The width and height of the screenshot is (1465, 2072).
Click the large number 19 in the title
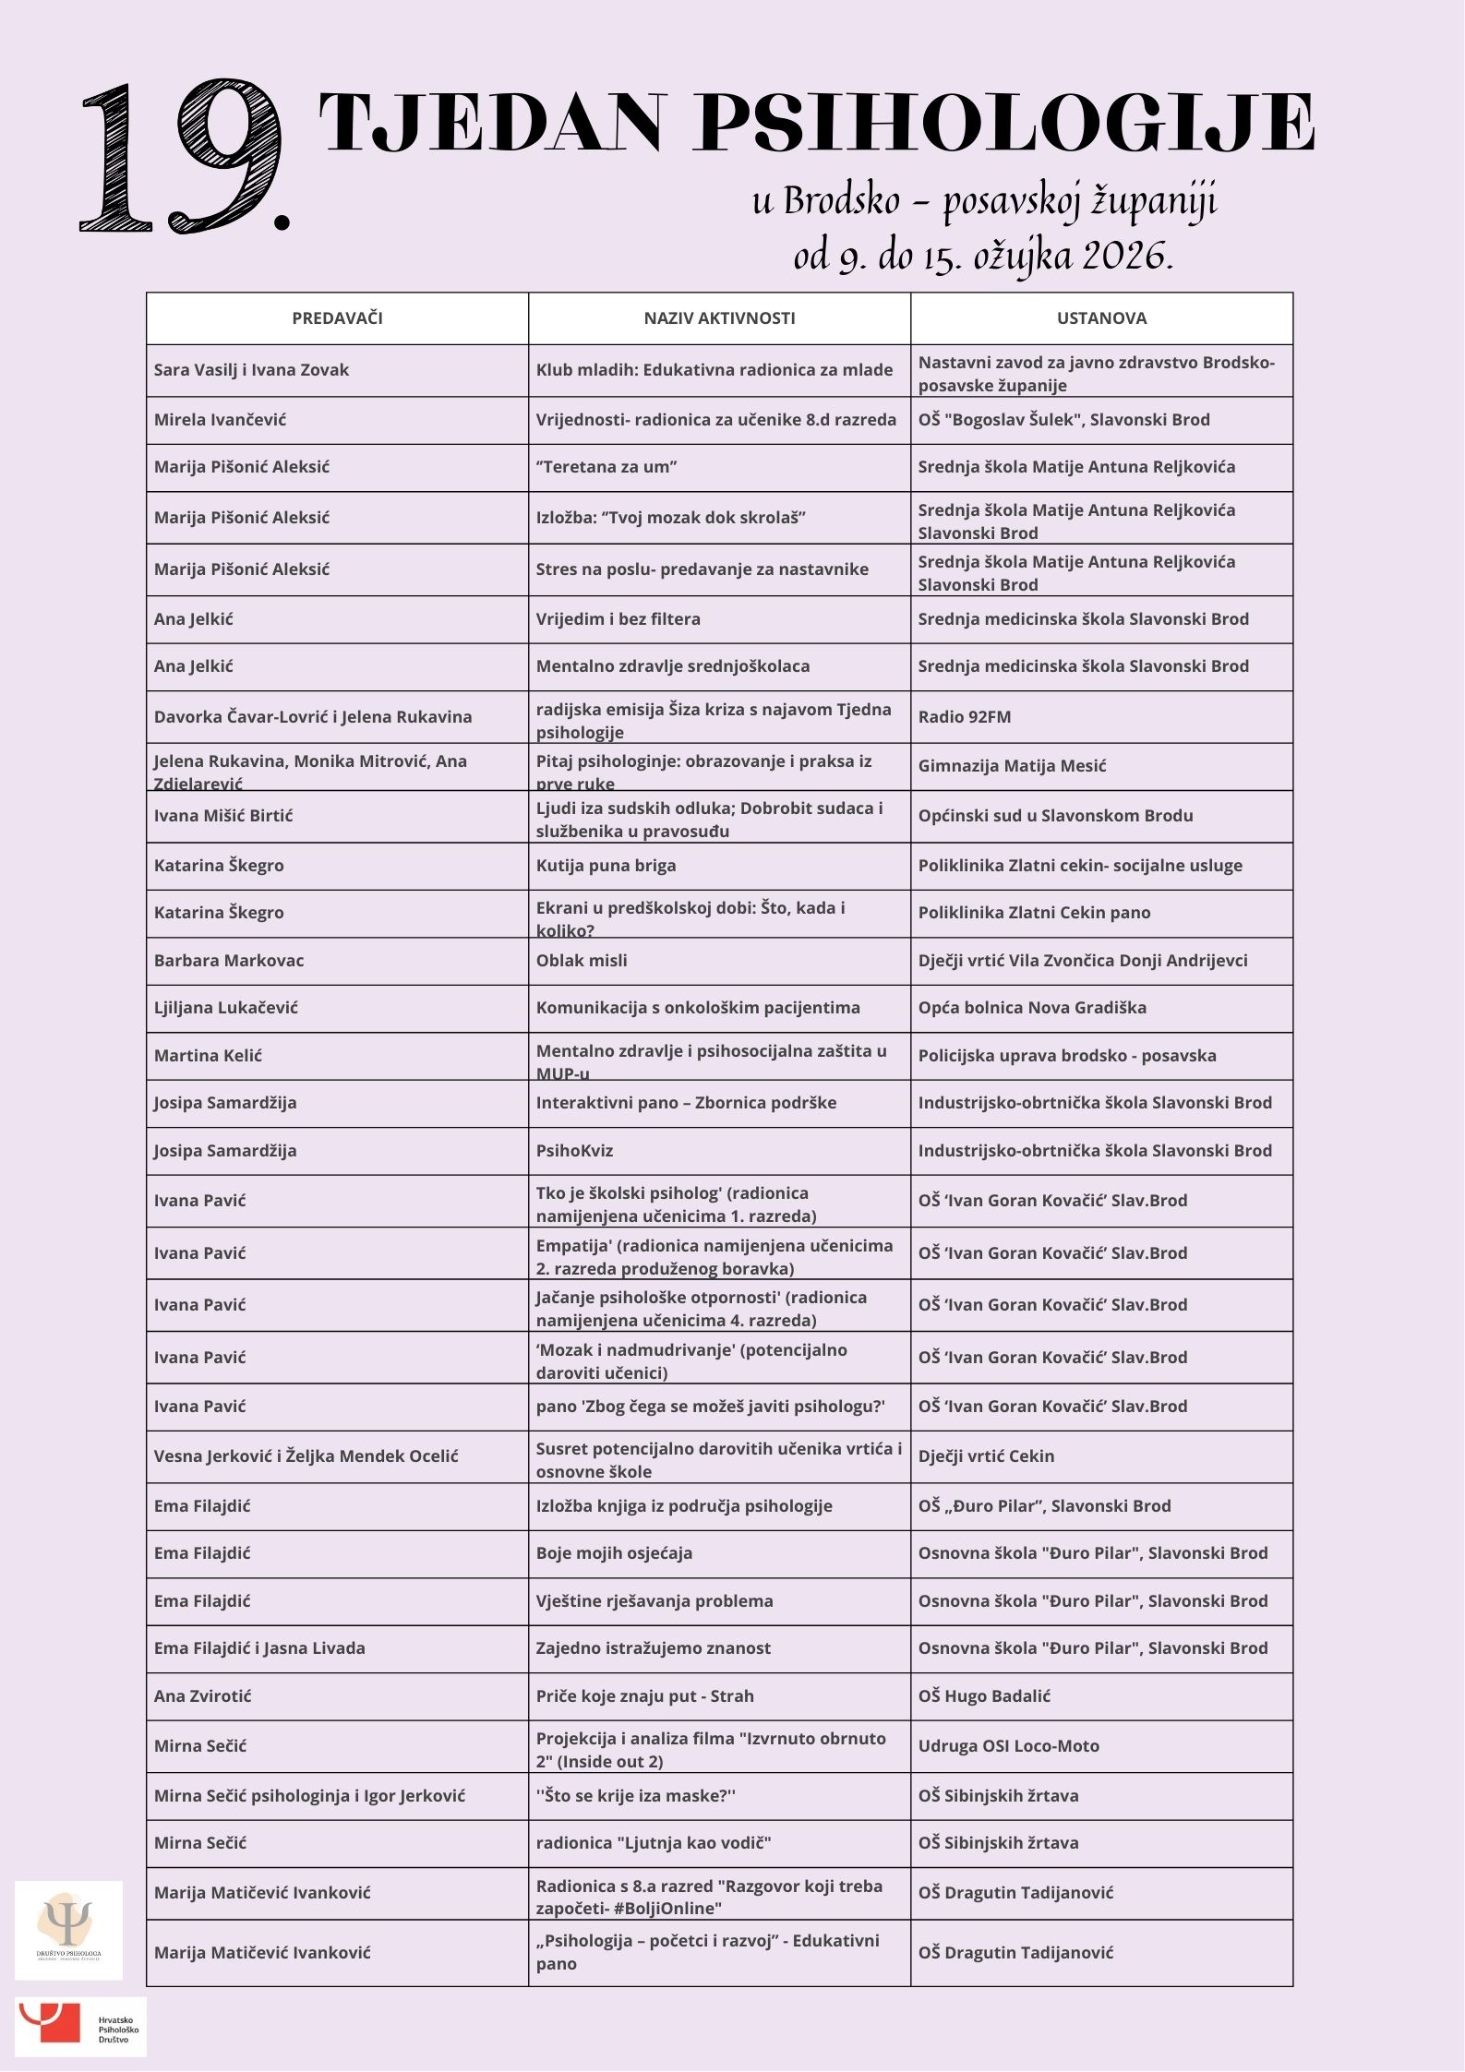(185, 157)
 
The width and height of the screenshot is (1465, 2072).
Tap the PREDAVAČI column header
(337, 318)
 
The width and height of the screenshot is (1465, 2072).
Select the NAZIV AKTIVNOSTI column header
(719, 318)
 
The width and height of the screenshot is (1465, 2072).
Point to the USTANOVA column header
(1101, 318)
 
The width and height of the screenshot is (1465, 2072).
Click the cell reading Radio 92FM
(965, 717)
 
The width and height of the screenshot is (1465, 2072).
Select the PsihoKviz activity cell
(574, 1151)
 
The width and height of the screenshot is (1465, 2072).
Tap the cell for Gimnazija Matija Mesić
(1012, 766)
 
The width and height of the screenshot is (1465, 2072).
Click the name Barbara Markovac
(229, 961)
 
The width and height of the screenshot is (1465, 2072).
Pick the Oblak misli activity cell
(582, 961)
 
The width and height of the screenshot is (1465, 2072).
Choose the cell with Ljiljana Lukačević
(226, 1008)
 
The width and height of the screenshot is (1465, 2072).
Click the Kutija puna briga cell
(606, 866)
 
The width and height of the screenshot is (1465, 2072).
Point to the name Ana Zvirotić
(203, 1696)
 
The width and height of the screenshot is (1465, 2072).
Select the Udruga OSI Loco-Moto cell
(1009, 1746)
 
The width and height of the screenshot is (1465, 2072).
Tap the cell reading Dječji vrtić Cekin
(986, 1456)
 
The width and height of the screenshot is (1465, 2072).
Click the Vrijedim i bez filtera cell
(618, 619)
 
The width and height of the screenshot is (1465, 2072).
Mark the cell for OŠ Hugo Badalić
(984, 1696)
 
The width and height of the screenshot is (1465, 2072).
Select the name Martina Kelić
(208, 1056)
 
